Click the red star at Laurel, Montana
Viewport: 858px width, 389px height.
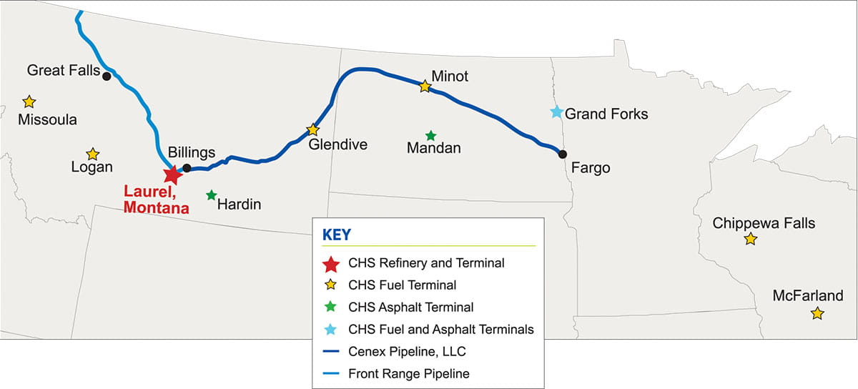tap(172, 174)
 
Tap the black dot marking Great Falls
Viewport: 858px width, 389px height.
tap(107, 76)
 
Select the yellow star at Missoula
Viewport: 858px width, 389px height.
tap(29, 102)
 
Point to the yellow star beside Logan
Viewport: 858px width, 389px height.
tap(92, 154)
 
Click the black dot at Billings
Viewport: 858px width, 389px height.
tap(187, 168)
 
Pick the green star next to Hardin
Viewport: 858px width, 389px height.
tap(211, 194)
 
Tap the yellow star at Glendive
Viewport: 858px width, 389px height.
tap(312, 130)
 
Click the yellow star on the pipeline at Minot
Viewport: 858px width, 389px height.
tap(425, 86)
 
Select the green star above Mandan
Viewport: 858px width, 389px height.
tap(430, 135)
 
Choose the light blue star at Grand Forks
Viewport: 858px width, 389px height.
tap(556, 112)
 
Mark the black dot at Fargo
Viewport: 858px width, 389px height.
tap(563, 154)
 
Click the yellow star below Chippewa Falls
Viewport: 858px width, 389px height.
tap(750, 239)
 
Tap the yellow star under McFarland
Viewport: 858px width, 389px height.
tap(817, 313)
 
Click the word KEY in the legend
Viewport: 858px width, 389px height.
tap(337, 234)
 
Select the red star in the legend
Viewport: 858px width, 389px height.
tap(330, 264)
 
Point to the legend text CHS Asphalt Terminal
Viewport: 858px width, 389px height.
tap(411, 307)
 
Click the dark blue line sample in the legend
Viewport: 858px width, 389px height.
tap(330, 351)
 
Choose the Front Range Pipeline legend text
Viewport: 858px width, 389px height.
tap(409, 373)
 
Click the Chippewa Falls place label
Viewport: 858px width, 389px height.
tap(764, 223)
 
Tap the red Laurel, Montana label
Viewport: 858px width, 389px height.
tap(156, 200)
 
